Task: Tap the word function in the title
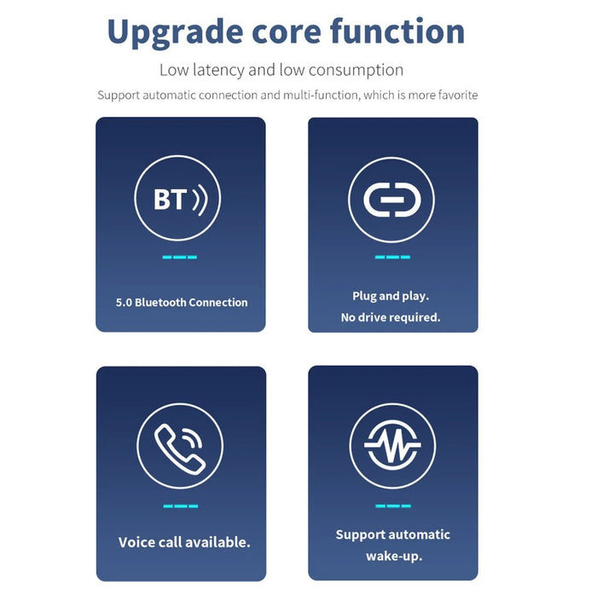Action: [397, 32]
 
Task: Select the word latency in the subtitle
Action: [219, 70]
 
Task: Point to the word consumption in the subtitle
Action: [356, 71]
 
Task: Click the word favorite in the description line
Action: [458, 95]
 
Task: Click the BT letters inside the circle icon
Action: [171, 199]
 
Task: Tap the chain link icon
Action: [392, 200]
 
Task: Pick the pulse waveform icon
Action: [392, 445]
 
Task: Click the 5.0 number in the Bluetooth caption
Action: [124, 303]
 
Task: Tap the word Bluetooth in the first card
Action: [160, 302]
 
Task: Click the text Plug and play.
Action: [391, 296]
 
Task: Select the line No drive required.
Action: [391, 317]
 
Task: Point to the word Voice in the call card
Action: [136, 542]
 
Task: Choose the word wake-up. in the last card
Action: [394, 556]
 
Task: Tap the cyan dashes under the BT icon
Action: [180, 258]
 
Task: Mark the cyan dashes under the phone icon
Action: [181, 506]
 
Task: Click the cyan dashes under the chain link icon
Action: [392, 258]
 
